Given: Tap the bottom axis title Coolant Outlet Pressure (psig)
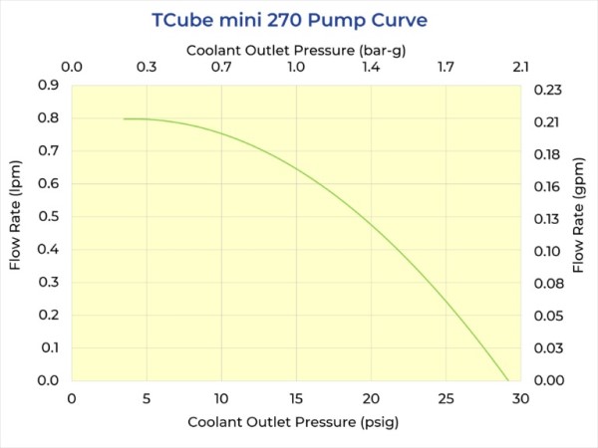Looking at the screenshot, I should pos(294,422).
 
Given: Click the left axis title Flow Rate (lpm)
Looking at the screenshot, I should pos(16,232).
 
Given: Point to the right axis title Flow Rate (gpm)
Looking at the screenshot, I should pos(579,232).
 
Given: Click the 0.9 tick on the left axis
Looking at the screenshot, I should pos(49,86).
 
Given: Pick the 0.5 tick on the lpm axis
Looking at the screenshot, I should pos(49,217).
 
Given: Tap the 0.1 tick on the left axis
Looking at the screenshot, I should pos(49,347).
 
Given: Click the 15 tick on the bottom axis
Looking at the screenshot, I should pos(296,398).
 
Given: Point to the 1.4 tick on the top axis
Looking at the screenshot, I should pos(371,68).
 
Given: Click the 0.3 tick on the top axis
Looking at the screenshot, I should pos(147,68).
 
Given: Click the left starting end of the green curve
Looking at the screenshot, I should pos(124,119).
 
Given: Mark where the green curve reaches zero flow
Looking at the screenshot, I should pos(508,380).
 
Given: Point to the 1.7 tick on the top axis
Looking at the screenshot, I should pos(446,68).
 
